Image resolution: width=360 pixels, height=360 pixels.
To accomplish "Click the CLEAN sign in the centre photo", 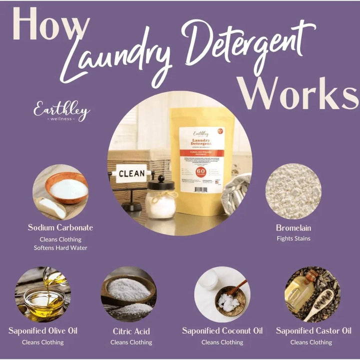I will [131, 174].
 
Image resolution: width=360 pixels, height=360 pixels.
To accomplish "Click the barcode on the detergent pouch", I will [200, 189].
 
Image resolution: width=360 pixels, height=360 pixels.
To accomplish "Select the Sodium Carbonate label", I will [60, 227].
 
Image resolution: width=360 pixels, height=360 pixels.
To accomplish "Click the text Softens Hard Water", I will [60, 248].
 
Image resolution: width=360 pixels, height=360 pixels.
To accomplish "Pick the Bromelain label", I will [293, 227].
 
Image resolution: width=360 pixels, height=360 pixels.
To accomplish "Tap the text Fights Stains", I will [293, 238].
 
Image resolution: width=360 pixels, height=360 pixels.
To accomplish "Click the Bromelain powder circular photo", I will [293, 191].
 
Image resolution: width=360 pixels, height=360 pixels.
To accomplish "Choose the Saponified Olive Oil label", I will [43, 331].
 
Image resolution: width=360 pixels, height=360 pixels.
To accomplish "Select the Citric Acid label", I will [131, 331].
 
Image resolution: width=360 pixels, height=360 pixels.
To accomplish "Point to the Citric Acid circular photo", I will [129, 294].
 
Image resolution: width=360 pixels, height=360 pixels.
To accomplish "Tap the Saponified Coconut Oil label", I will [222, 331].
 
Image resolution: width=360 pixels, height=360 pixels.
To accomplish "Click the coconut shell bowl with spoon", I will [231, 299].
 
